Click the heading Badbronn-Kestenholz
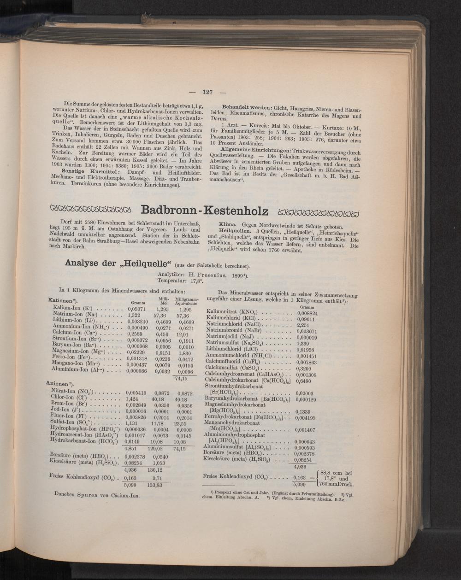[x=204, y=211]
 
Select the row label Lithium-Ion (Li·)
[x=74, y=321]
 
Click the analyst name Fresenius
[x=213, y=275]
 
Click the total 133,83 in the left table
[x=155, y=485]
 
